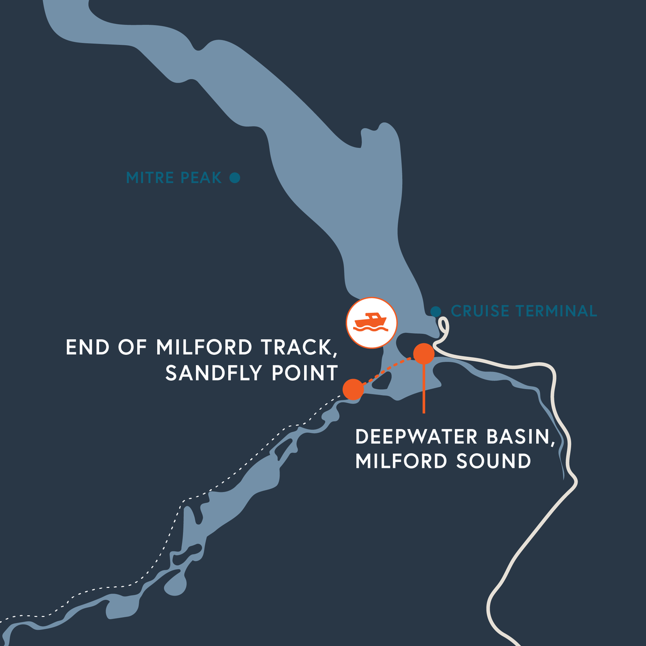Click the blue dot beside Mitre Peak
coord(235,177)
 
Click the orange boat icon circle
coord(371,322)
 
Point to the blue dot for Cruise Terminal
coord(436,311)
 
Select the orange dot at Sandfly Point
coord(353,389)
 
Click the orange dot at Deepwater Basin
coord(424,354)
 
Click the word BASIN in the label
coord(521,437)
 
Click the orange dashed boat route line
coord(389,371)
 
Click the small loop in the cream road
coord(443,326)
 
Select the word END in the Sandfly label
coord(86,347)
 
